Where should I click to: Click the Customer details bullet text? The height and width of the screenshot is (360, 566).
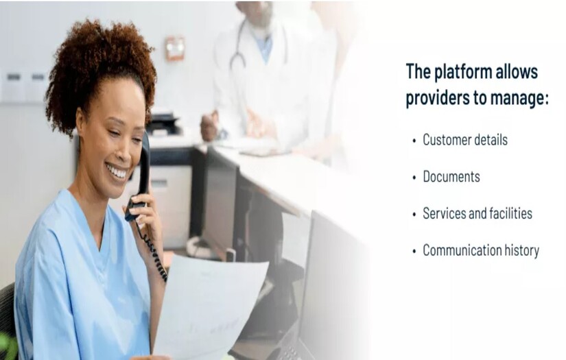(464, 140)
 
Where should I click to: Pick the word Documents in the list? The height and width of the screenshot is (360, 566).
(451, 177)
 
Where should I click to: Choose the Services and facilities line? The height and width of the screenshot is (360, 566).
(477, 214)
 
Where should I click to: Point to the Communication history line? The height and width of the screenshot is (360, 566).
(480, 250)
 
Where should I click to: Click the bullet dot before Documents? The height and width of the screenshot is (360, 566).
(414, 178)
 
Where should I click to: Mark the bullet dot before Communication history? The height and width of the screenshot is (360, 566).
(414, 251)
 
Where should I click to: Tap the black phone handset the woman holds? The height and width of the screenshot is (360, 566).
(141, 171)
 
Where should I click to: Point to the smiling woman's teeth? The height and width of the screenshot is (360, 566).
(117, 171)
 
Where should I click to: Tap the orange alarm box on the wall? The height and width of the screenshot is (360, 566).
(175, 48)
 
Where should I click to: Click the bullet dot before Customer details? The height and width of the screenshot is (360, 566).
(414, 141)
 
